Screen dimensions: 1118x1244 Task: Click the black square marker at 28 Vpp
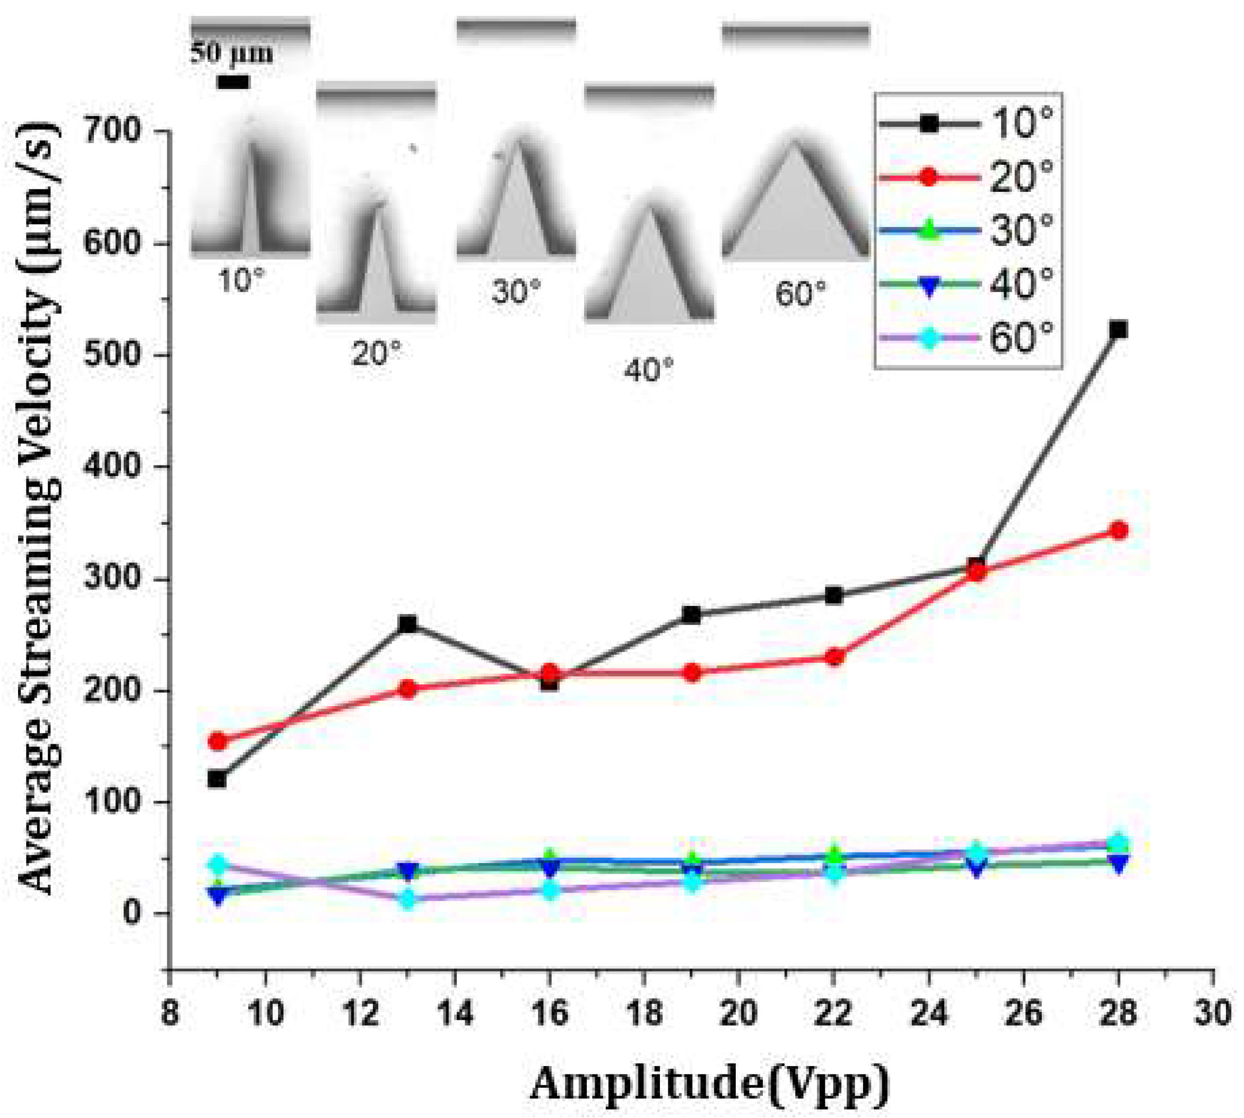click(1119, 330)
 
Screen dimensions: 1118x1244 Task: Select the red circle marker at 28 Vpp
click(1119, 530)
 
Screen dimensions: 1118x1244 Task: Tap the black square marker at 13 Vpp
click(407, 624)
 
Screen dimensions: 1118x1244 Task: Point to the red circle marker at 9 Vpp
click(218, 742)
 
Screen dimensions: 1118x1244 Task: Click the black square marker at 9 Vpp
click(217, 780)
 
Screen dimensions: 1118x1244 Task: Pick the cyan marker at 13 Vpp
click(407, 899)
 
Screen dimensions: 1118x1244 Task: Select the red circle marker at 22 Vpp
click(833, 657)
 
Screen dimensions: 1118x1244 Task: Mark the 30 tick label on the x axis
click(1213, 1013)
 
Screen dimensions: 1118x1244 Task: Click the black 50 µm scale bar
click(233, 82)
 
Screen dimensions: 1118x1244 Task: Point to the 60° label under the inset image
click(799, 294)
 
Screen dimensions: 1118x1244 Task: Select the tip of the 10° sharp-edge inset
click(251, 142)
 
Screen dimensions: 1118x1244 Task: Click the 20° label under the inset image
click(376, 353)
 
